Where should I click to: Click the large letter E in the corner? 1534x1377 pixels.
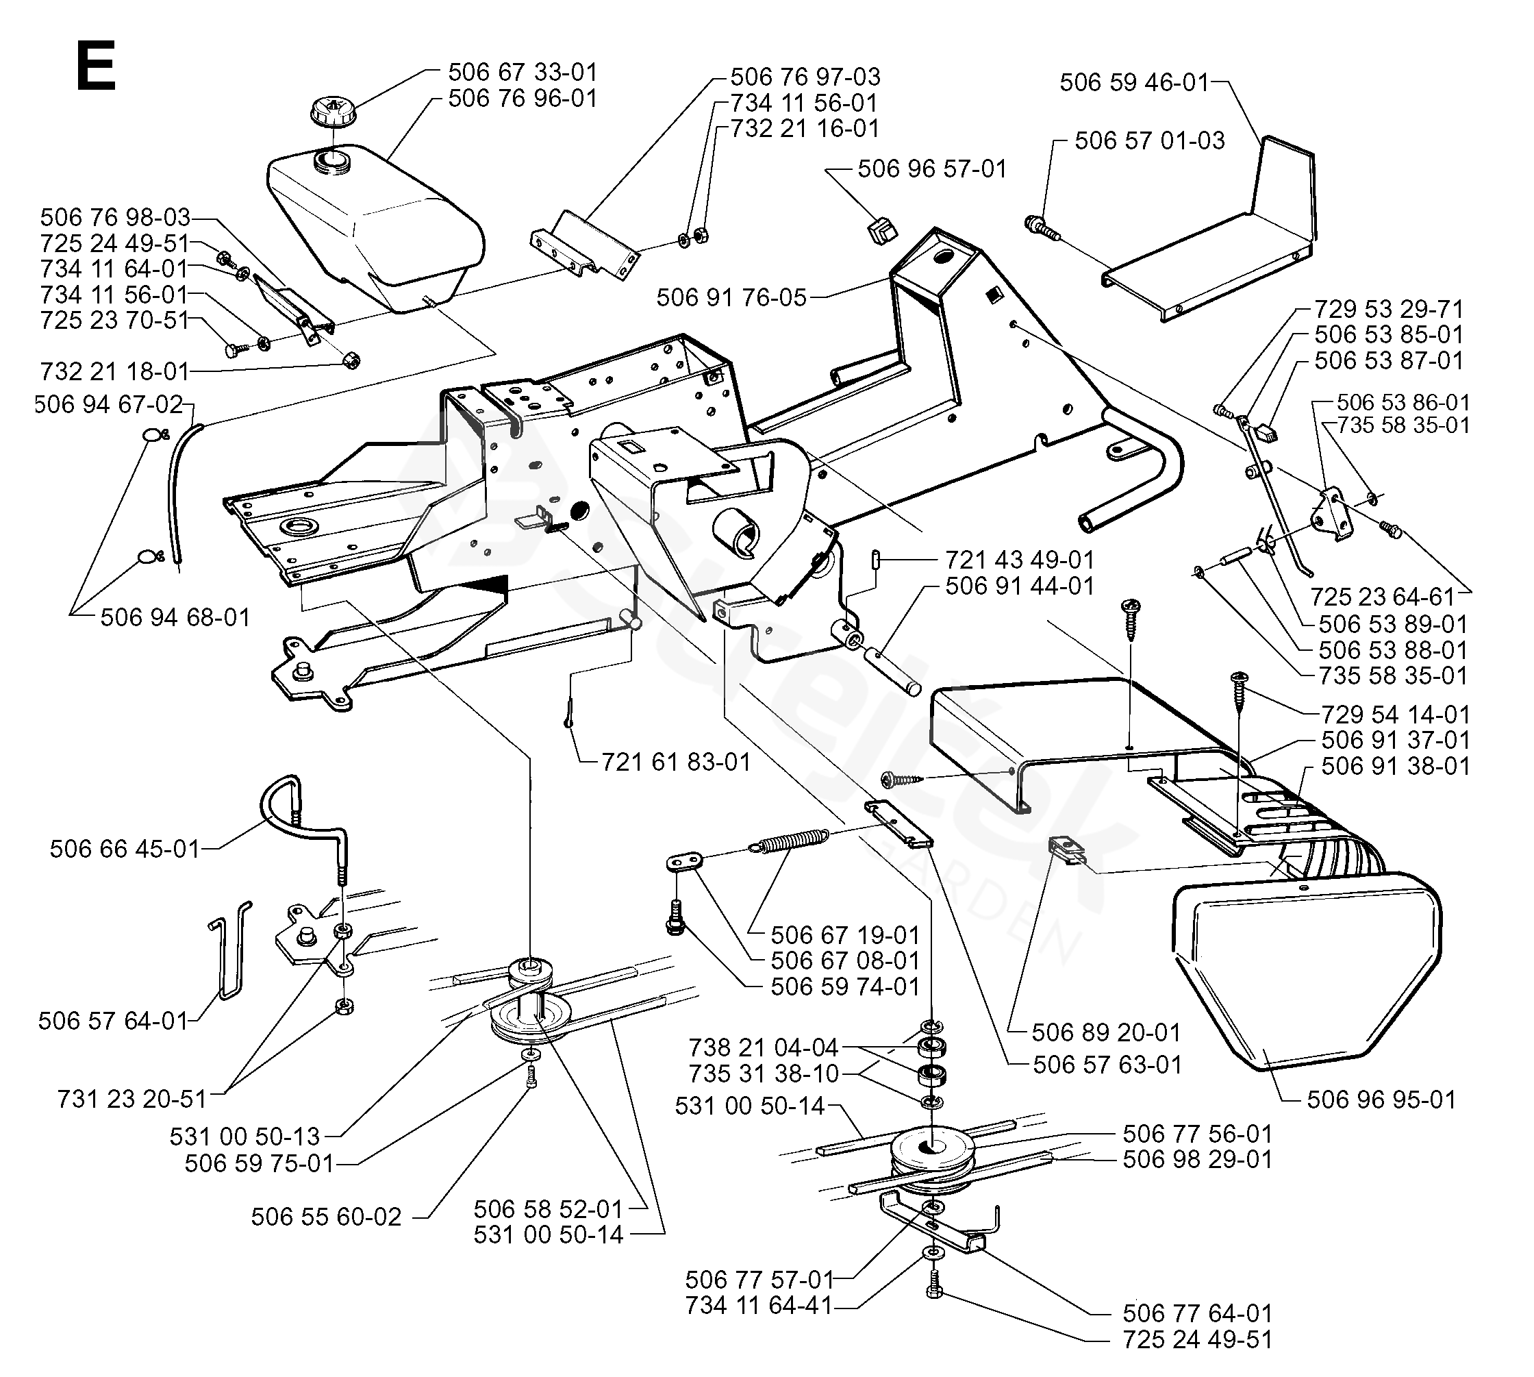[x=96, y=66]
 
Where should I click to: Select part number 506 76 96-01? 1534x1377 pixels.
[x=522, y=99]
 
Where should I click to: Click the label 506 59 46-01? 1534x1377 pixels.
[x=1134, y=82]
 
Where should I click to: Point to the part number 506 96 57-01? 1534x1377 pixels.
[x=932, y=169]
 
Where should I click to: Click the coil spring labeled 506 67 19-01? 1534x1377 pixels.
[x=789, y=841]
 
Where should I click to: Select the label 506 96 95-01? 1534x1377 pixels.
[x=1381, y=1100]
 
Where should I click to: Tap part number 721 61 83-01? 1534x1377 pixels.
[x=676, y=762]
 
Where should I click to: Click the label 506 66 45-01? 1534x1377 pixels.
[x=125, y=849]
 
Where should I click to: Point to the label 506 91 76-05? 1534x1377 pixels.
[x=731, y=297]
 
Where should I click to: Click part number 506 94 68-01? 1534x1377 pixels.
[x=175, y=617]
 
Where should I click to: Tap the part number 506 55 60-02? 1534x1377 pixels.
[x=326, y=1217]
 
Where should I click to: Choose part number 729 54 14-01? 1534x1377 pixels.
[x=1395, y=715]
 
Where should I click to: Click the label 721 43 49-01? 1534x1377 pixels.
[x=1020, y=560]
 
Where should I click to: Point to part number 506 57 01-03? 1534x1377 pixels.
[x=1149, y=140]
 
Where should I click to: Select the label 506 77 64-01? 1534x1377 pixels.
[x=1197, y=1313]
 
